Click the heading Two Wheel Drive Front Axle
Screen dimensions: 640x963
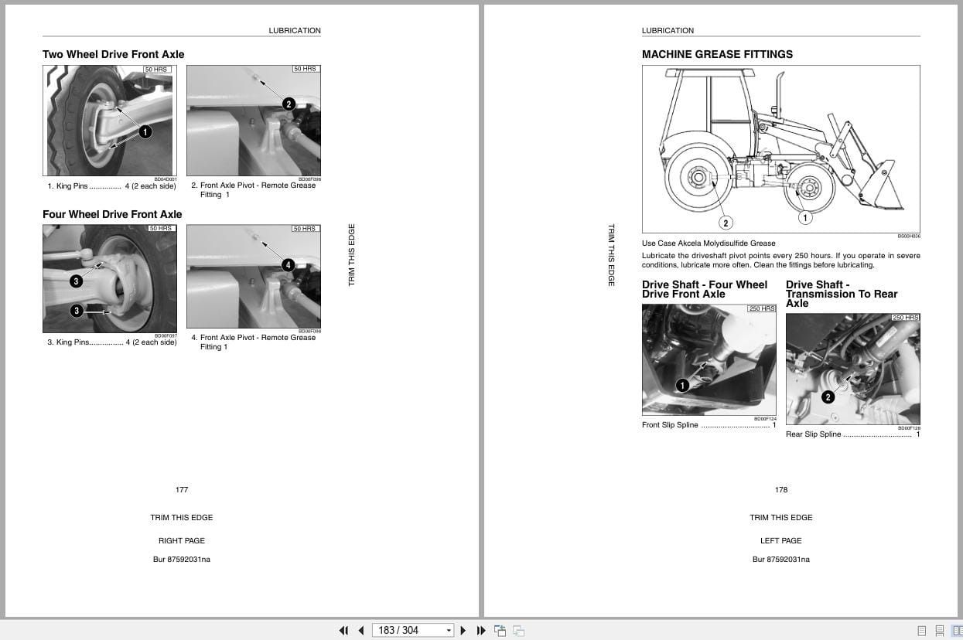point(113,54)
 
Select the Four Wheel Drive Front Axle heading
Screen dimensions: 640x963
point(112,214)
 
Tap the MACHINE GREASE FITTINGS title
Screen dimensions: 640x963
point(717,54)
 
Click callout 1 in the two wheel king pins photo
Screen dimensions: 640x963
point(145,132)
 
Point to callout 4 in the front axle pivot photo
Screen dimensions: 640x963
point(288,265)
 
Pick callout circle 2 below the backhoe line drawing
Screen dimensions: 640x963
point(725,223)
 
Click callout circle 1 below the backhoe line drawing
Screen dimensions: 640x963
point(804,218)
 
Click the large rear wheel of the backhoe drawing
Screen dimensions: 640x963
point(698,178)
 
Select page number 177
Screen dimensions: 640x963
point(182,489)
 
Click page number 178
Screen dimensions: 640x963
point(781,489)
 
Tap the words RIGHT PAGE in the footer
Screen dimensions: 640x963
point(182,540)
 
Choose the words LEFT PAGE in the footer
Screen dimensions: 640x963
point(780,540)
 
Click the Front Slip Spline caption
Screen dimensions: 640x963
point(670,425)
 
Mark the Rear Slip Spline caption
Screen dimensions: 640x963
point(813,434)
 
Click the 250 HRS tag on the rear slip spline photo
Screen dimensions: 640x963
point(905,318)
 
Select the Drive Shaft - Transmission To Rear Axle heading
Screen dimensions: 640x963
point(842,294)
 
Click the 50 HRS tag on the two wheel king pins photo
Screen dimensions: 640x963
point(156,70)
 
